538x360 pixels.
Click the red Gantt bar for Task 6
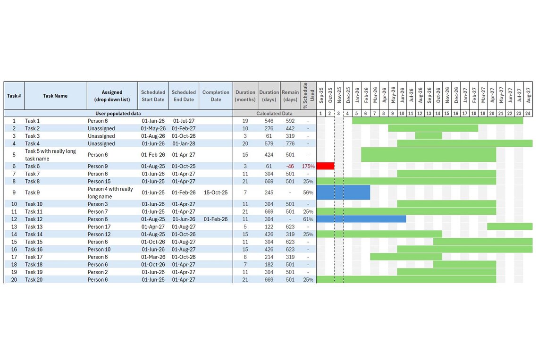pyautogui.click(x=325, y=166)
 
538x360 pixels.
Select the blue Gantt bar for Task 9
pyautogui.click(x=343, y=193)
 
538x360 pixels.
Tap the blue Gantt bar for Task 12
pyautogui.click(x=361, y=219)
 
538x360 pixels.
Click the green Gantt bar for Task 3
pyautogui.click(x=429, y=136)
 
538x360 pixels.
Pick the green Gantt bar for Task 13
pyautogui.click(x=510, y=226)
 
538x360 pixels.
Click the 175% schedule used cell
pyautogui.click(x=308, y=166)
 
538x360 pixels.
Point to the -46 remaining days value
pyautogui.click(x=290, y=166)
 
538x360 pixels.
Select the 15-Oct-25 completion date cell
pyautogui.click(x=216, y=193)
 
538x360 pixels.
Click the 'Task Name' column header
pyautogui.click(x=55, y=96)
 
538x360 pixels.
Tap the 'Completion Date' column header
pyautogui.click(x=216, y=96)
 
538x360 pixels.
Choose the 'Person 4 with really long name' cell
pyautogui.click(x=110, y=193)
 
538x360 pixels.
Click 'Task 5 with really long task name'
pyautogui.click(x=50, y=155)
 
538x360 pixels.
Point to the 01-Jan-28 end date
pyautogui.click(x=184, y=143)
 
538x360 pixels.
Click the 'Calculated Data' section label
pyautogui.click(x=274, y=113)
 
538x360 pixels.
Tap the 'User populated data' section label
pyautogui.click(x=118, y=113)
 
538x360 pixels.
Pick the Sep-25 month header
pyautogui.click(x=321, y=95)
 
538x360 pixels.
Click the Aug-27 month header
pyautogui.click(x=528, y=95)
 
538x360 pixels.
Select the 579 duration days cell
pyautogui.click(x=269, y=143)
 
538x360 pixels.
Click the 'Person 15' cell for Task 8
pyautogui.click(x=100, y=181)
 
